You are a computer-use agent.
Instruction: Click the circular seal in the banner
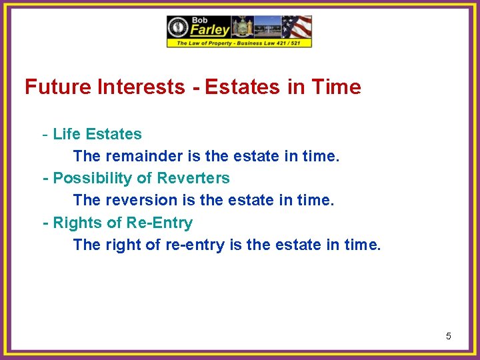[179, 27]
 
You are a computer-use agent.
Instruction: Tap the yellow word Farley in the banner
[211, 30]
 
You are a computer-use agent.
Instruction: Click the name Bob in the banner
[200, 20]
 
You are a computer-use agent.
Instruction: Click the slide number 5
[448, 336]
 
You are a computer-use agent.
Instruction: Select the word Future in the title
[56, 87]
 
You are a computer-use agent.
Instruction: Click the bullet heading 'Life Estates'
[97, 134]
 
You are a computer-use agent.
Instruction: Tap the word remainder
[141, 157]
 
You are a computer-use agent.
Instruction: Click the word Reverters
[193, 179]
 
